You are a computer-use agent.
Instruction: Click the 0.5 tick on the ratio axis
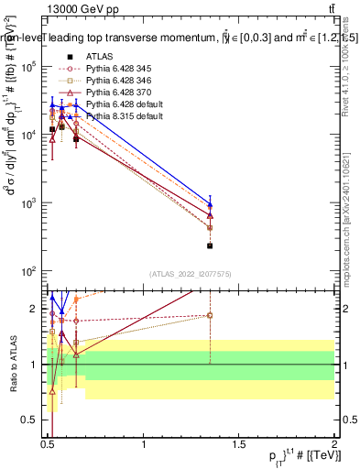click(29, 420)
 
